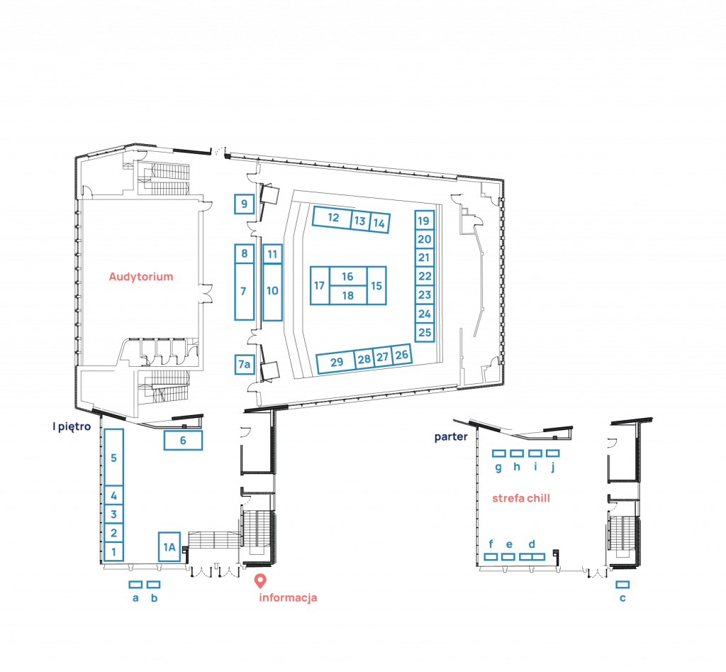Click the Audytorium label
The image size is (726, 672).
140,277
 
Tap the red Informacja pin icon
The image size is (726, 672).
260,580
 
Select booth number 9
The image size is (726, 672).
244,204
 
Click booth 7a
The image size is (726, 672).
244,365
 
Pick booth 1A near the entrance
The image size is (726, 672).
169,546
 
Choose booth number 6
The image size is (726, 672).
183,441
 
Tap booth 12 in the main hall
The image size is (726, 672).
333,218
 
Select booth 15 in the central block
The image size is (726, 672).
376,285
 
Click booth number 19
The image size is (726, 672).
424,221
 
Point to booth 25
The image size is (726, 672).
424,332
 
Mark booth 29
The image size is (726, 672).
336,363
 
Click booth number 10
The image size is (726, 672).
272,291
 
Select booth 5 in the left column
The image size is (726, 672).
113,458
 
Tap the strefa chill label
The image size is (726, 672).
521,498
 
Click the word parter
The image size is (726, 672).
451,437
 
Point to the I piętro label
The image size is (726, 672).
72,427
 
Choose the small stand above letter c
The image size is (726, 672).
622,585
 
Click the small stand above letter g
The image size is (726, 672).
498,453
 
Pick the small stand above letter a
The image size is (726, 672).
135,585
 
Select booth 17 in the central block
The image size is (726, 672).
319,285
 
